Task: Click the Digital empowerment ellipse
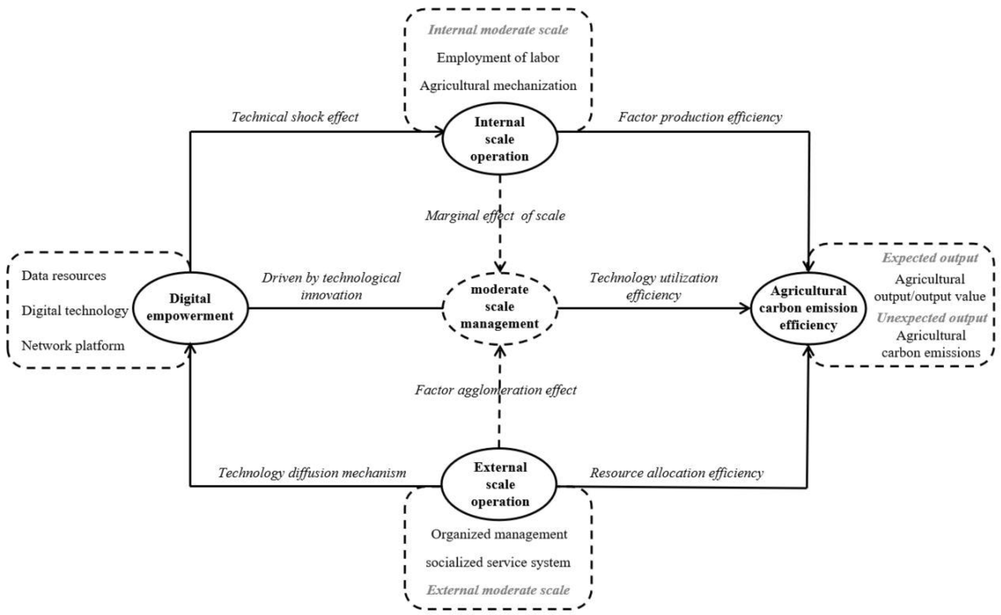tap(190, 307)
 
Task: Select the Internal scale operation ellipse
tap(499, 139)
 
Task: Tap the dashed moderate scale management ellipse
tap(499, 307)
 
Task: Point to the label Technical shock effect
tap(295, 117)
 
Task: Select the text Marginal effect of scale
tap(495, 216)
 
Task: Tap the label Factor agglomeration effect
tap(495, 390)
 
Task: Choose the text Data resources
tap(64, 276)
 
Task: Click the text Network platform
tap(73, 346)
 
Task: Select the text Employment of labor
tap(498, 58)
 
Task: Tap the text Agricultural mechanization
tap(498, 86)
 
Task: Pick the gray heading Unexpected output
tap(931, 318)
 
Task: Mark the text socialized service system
tap(498, 562)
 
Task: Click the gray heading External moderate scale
tap(498, 590)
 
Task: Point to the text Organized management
tap(499, 534)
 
